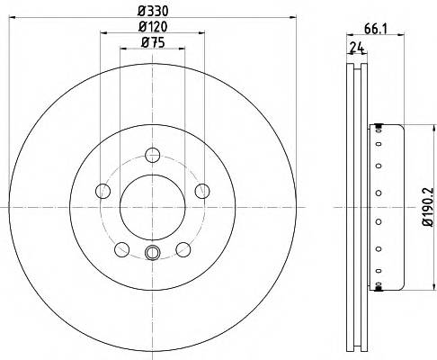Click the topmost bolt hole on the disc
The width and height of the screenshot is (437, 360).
pos(152,154)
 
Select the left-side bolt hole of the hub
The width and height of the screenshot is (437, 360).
pos(103,191)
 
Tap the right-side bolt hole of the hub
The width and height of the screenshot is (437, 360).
pos(202,190)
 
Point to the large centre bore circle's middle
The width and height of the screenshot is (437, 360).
pos(152,206)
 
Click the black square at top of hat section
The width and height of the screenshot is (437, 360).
pos(379,125)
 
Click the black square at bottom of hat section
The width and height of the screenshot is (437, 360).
pos(379,289)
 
